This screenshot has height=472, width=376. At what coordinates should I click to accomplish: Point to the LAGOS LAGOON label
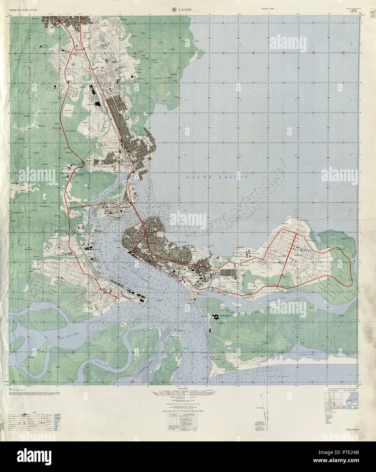coord(217,177)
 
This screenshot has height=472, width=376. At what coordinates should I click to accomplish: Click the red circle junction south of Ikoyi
coord(278,288)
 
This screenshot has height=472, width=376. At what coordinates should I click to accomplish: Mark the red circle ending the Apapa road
coord(116,297)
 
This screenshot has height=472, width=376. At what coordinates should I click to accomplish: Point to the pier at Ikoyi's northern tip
coord(298,214)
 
